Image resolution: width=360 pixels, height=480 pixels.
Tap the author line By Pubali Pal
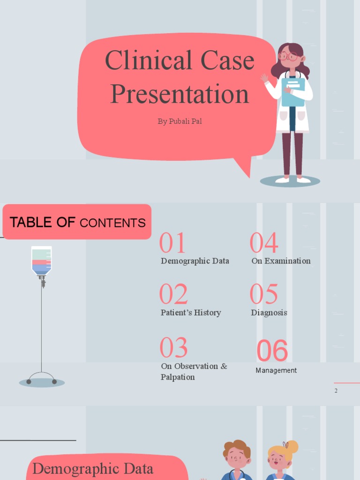(180, 121)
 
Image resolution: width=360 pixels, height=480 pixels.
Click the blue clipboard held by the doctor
(293, 91)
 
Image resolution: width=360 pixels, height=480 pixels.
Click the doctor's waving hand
(264, 78)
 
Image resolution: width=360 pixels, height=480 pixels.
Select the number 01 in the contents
(172, 243)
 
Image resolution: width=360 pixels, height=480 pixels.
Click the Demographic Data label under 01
(195, 261)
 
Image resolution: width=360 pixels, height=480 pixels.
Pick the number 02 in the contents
(173, 294)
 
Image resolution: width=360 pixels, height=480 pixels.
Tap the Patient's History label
(191, 313)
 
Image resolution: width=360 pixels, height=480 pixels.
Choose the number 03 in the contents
(173, 348)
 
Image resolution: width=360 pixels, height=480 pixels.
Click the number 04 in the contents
(263, 243)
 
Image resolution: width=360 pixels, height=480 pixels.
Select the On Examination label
(281, 261)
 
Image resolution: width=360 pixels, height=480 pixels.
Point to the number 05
(263, 294)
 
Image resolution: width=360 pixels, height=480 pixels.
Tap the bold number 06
(272, 351)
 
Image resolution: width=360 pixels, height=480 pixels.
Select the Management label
(276, 370)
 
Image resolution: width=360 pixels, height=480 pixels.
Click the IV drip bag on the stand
(41, 261)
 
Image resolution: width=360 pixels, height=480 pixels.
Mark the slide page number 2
(336, 390)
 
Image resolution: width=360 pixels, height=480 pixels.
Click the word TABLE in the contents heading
(31, 223)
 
